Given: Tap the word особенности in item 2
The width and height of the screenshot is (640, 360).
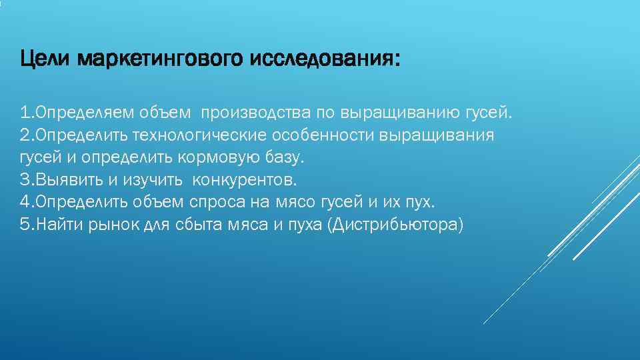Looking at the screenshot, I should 321,135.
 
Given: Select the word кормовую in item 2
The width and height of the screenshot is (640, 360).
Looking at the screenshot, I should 217,158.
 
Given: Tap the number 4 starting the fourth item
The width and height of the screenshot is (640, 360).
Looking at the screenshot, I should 24,202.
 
